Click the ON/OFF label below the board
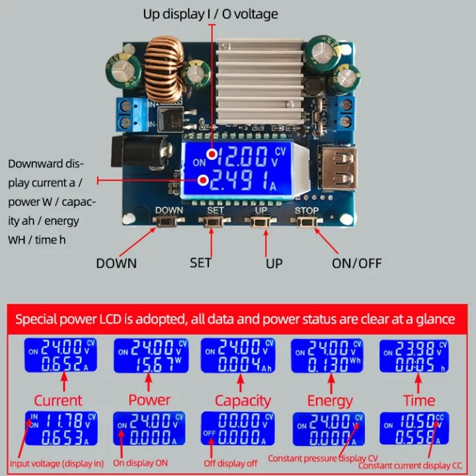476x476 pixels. [x=357, y=263]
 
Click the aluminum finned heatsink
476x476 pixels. [x=258, y=73]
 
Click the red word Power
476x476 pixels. [x=149, y=400]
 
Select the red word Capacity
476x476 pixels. [x=243, y=401]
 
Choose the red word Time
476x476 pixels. [x=419, y=401]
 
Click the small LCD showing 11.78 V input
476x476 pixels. [x=61, y=428]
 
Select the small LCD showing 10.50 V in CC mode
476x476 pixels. [x=414, y=428]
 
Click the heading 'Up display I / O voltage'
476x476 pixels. [x=210, y=14]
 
